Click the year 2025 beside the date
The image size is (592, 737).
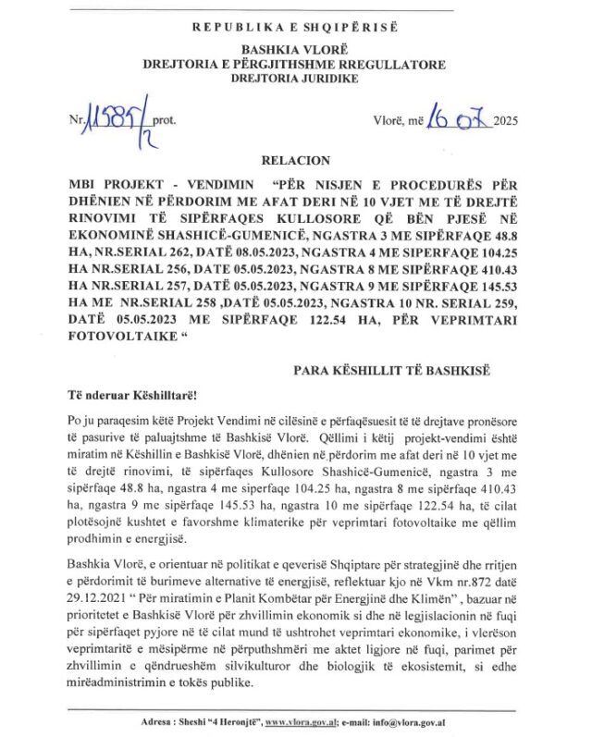point(507,121)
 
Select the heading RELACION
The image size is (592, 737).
point(294,160)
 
